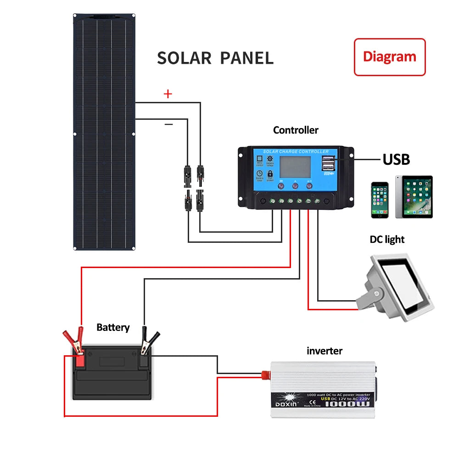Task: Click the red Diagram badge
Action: coord(389,57)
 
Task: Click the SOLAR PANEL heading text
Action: coord(215,58)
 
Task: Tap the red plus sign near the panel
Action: coord(168,94)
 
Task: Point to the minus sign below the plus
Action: coord(168,124)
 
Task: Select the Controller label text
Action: coord(296,130)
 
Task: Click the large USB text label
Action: coord(396,159)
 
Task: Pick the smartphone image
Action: coord(380,200)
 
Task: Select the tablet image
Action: coord(414,197)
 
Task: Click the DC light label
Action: coord(387,239)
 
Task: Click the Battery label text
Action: coord(113,327)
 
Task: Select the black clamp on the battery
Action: coord(147,342)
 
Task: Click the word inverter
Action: coord(324,351)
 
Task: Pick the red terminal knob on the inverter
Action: coord(264,375)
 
